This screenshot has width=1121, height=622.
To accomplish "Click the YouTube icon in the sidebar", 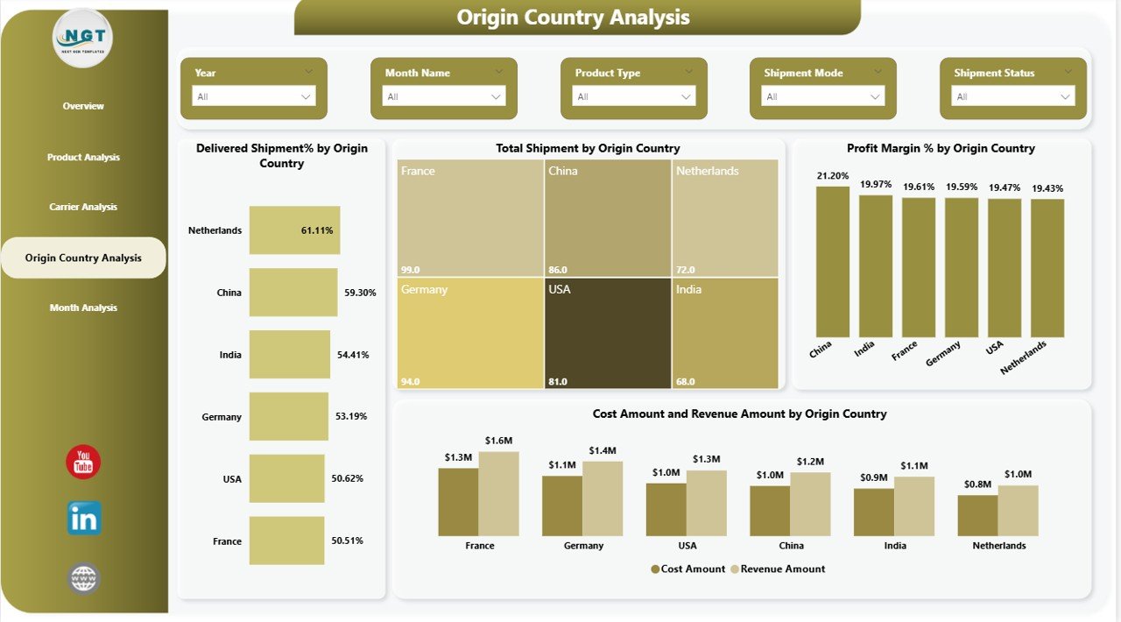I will pyautogui.click(x=83, y=462).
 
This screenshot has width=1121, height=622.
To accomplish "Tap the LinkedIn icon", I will pyautogui.click(x=84, y=519).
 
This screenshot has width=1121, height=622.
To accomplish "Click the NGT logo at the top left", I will pyautogui.click(x=83, y=39).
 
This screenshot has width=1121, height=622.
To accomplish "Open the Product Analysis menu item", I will pyautogui.click(x=83, y=158).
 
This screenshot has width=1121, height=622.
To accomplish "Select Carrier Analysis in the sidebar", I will pyautogui.click(x=83, y=208).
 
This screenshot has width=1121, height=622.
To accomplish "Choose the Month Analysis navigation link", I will pyautogui.click(x=83, y=308).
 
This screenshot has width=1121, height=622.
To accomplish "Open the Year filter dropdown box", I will pyautogui.click(x=254, y=96).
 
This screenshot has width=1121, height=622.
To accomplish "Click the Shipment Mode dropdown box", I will pyautogui.click(x=822, y=96).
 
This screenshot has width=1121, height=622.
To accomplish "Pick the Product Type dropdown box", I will pyautogui.click(x=633, y=96).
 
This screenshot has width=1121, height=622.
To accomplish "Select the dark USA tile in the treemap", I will pyautogui.click(x=608, y=333).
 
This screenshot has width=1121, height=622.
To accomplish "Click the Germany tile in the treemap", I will pyautogui.click(x=469, y=333).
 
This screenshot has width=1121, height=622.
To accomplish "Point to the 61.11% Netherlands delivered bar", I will pyautogui.click(x=294, y=230).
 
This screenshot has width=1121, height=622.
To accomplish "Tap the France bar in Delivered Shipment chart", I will pyautogui.click(x=286, y=541).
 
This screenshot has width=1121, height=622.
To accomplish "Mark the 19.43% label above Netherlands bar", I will pyautogui.click(x=1047, y=188).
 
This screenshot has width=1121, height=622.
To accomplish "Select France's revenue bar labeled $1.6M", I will pyautogui.click(x=498, y=494).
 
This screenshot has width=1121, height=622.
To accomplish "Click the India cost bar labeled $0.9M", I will pyautogui.click(x=873, y=512).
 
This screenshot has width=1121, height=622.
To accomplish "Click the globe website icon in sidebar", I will pyautogui.click(x=84, y=579).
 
